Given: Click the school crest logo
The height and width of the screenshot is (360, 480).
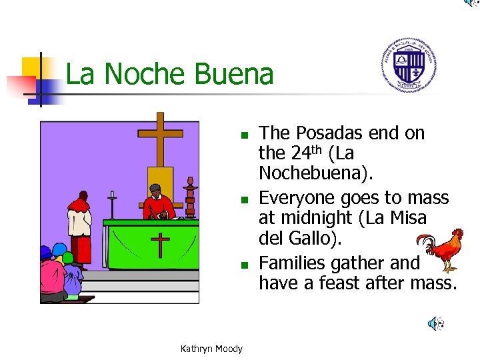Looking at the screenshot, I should point(409,65).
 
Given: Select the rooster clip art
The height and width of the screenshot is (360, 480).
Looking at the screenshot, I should point(443,249).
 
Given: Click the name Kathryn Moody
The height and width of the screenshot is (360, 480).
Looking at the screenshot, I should point(211,349).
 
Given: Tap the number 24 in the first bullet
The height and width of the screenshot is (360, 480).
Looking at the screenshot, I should point(299,153).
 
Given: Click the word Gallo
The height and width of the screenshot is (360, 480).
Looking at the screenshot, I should point(308,237).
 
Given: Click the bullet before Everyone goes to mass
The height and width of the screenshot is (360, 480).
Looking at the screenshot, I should point(245,199).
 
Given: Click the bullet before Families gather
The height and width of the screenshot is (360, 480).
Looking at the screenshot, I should point(245,265).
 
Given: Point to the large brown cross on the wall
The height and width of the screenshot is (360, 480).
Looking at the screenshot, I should point(160,140).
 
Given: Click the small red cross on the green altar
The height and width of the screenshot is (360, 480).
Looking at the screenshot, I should point(160,243).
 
